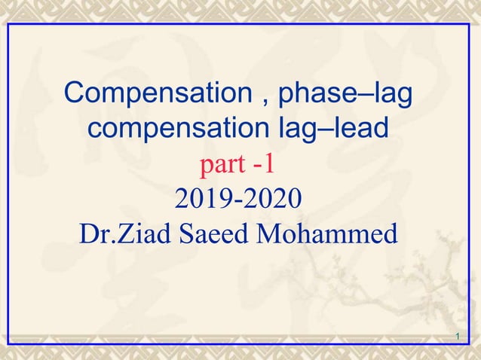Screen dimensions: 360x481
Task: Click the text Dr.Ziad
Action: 122,233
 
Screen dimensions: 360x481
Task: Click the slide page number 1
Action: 458,334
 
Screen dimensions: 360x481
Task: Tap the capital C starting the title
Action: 75,95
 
